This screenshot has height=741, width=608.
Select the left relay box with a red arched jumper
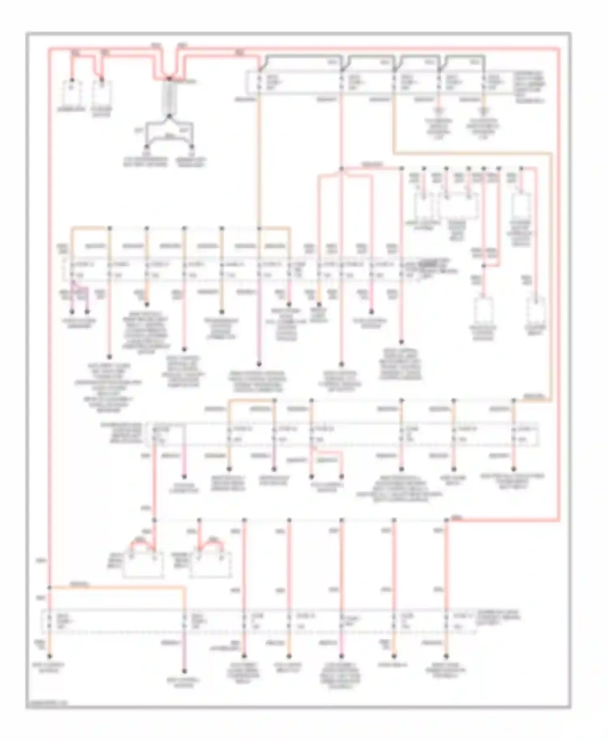[143, 563]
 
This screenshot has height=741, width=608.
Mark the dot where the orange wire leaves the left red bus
[49, 587]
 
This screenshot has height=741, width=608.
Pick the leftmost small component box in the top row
[72, 93]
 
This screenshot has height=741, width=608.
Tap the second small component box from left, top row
[102, 93]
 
